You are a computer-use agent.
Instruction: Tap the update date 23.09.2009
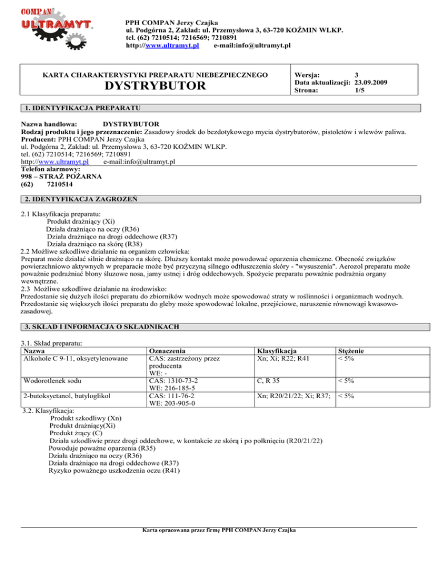371,82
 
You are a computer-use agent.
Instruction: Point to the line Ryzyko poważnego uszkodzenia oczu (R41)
114,473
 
